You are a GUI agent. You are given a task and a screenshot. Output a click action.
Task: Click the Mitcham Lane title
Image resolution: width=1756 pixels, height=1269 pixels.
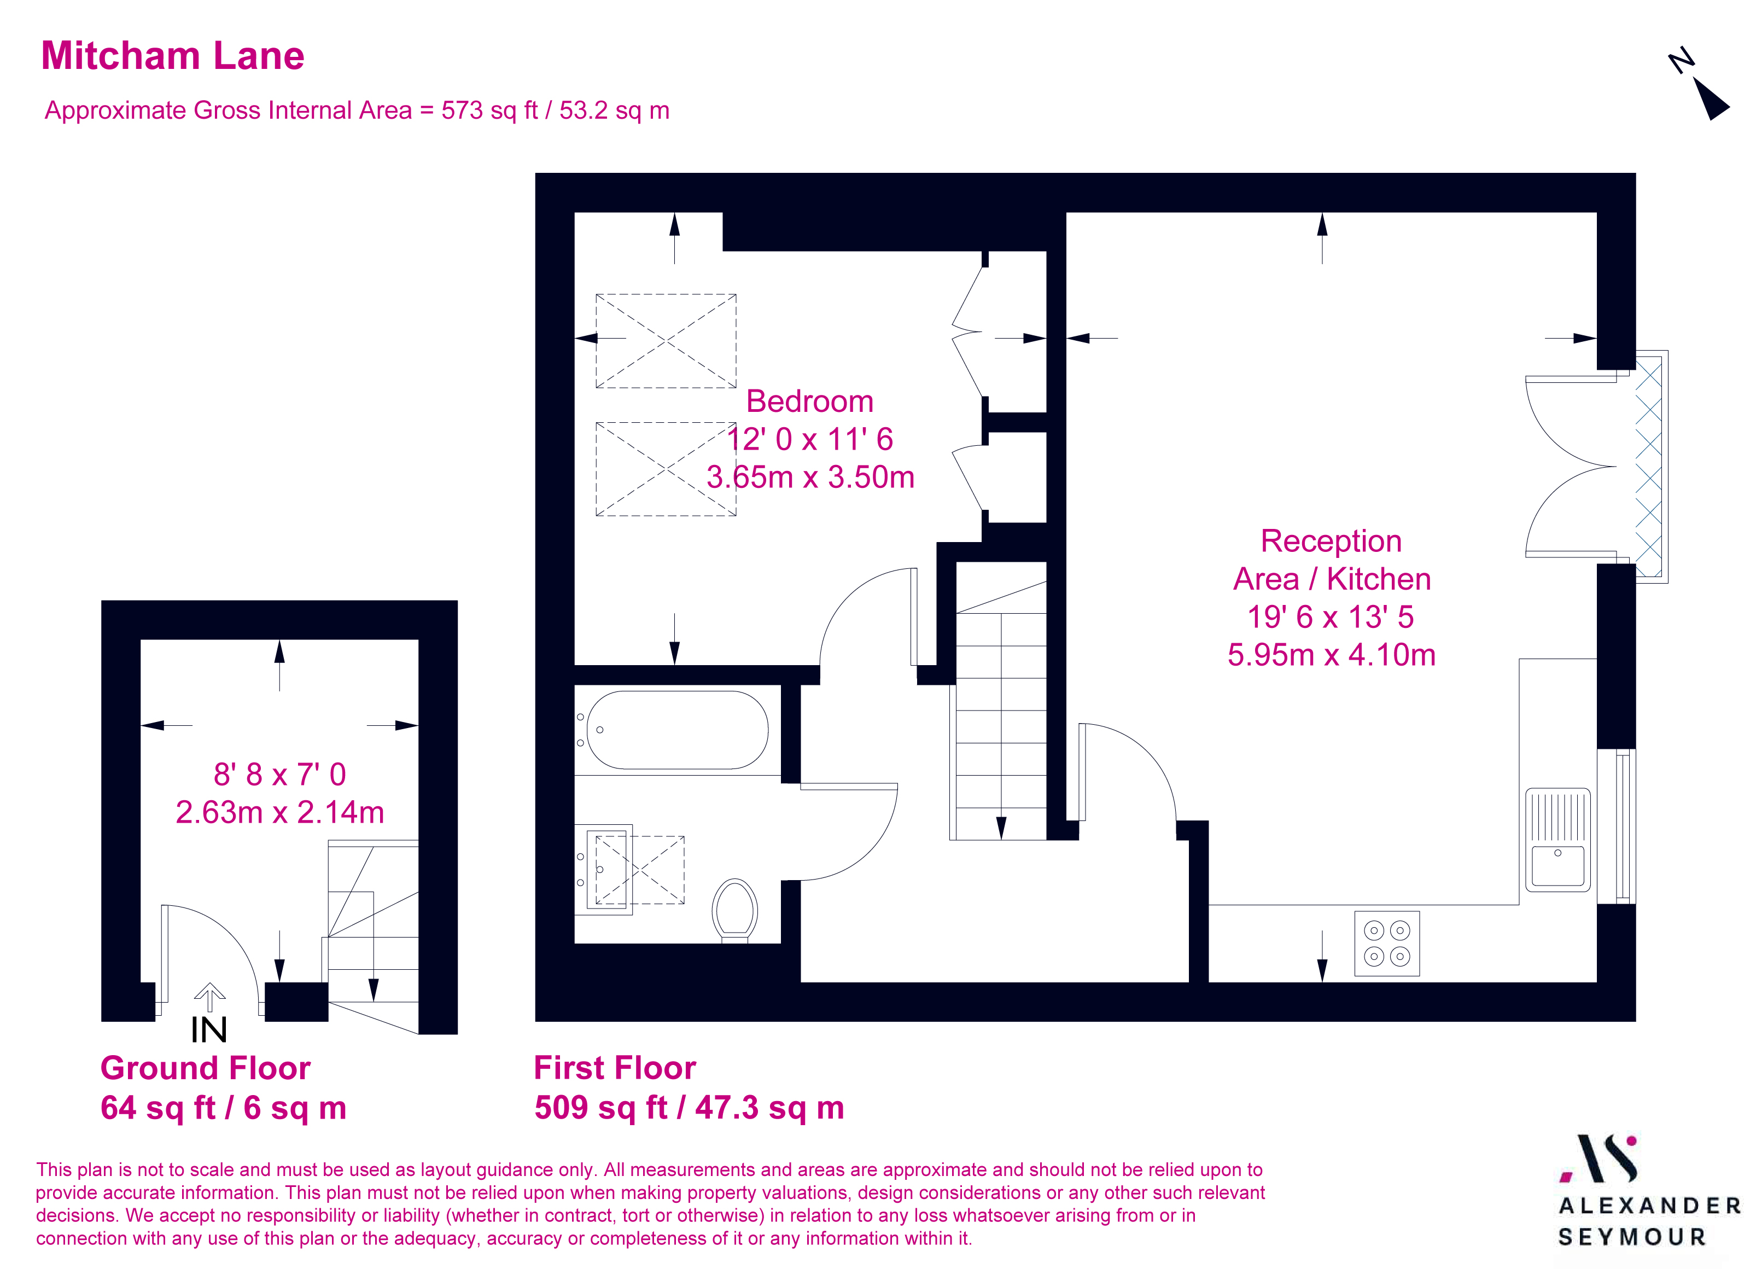(173, 56)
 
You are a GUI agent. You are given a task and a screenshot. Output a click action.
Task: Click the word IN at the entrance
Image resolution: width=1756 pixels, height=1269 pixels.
(209, 1031)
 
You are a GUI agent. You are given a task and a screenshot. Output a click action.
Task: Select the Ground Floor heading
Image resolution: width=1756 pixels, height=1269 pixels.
(205, 1068)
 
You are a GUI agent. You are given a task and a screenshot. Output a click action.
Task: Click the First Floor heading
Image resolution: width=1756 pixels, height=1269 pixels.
(615, 1068)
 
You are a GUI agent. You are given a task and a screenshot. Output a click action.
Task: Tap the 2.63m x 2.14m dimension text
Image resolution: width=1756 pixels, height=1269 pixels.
(279, 812)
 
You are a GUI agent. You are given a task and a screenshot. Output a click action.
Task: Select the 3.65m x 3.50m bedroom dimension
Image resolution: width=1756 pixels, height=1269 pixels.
(810, 477)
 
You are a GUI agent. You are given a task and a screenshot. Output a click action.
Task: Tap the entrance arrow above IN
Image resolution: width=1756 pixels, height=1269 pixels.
(209, 996)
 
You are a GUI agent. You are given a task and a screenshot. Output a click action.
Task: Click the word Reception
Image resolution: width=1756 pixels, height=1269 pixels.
(1331, 541)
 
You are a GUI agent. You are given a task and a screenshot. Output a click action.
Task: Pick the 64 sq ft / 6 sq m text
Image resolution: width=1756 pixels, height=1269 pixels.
(223, 1108)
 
